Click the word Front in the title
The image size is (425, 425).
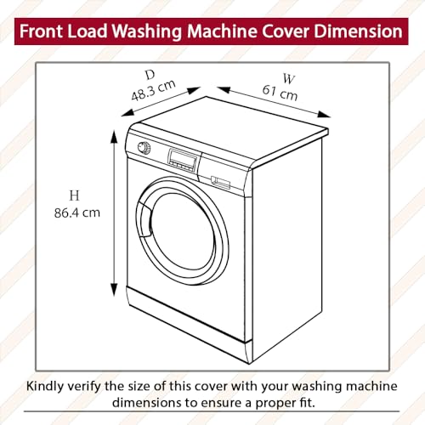click(44, 32)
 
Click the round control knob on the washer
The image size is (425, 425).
click(144, 148)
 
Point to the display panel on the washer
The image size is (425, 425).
click(183, 157)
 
